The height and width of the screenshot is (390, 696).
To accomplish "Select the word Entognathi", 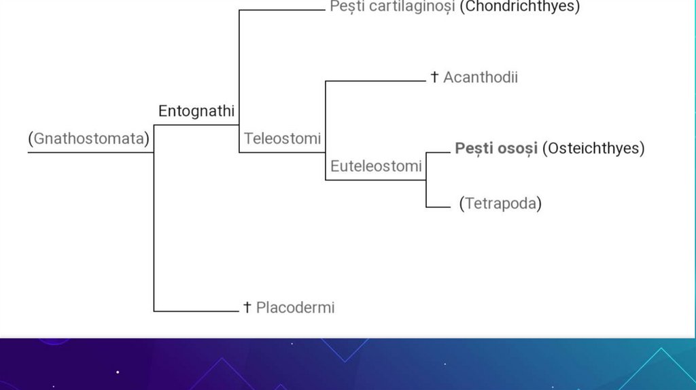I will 196,111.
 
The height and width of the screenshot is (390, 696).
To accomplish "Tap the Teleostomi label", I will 282,139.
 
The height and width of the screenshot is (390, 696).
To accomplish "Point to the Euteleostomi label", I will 376,166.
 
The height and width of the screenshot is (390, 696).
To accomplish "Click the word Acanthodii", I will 481,77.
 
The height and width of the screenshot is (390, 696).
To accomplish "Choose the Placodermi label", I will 295,308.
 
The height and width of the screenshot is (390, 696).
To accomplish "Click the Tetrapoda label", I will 500,203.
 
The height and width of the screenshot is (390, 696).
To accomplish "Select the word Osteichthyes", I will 593,148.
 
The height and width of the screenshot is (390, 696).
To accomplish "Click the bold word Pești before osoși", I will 474,148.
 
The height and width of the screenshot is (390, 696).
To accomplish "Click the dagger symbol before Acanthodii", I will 434,77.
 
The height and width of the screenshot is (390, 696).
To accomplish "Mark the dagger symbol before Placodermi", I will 247,308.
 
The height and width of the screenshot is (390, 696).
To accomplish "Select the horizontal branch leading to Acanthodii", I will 375,82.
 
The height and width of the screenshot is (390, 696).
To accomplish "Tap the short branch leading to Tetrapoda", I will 438,207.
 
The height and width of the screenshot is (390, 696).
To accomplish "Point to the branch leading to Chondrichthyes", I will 281,10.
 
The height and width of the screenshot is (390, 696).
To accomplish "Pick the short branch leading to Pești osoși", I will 438,152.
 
